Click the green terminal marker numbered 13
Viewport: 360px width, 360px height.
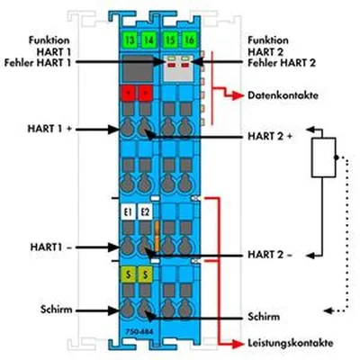(130, 40)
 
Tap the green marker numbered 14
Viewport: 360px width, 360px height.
(148, 40)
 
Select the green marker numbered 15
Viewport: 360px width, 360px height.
(171, 40)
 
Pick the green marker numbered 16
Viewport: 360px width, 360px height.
(190, 40)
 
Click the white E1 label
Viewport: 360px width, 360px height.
(129, 212)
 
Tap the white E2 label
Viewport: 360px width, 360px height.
(145, 212)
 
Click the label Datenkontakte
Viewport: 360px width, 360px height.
(283, 95)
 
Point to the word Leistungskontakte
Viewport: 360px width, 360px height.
(290, 343)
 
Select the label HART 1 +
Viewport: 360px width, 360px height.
(49, 129)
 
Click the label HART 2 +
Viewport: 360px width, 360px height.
(270, 136)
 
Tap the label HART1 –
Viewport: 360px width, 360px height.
(51, 247)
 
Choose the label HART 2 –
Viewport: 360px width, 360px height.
(270, 255)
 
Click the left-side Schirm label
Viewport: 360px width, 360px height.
(57, 310)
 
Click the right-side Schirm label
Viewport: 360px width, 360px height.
(264, 317)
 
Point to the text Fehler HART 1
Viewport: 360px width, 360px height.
(38, 63)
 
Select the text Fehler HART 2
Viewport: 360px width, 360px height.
(282, 63)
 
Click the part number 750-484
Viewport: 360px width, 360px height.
(139, 332)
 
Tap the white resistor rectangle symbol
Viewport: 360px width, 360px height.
(323, 157)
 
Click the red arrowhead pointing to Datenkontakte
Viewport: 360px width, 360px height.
(238, 95)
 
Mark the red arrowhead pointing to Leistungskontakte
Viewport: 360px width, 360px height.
(238, 344)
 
